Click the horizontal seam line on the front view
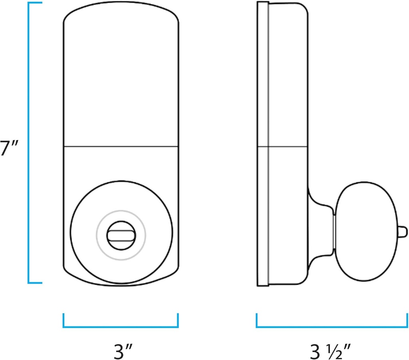coord(121,147)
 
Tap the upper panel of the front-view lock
coord(121,80)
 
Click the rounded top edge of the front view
coord(121,7)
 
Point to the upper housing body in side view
coord(288,80)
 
